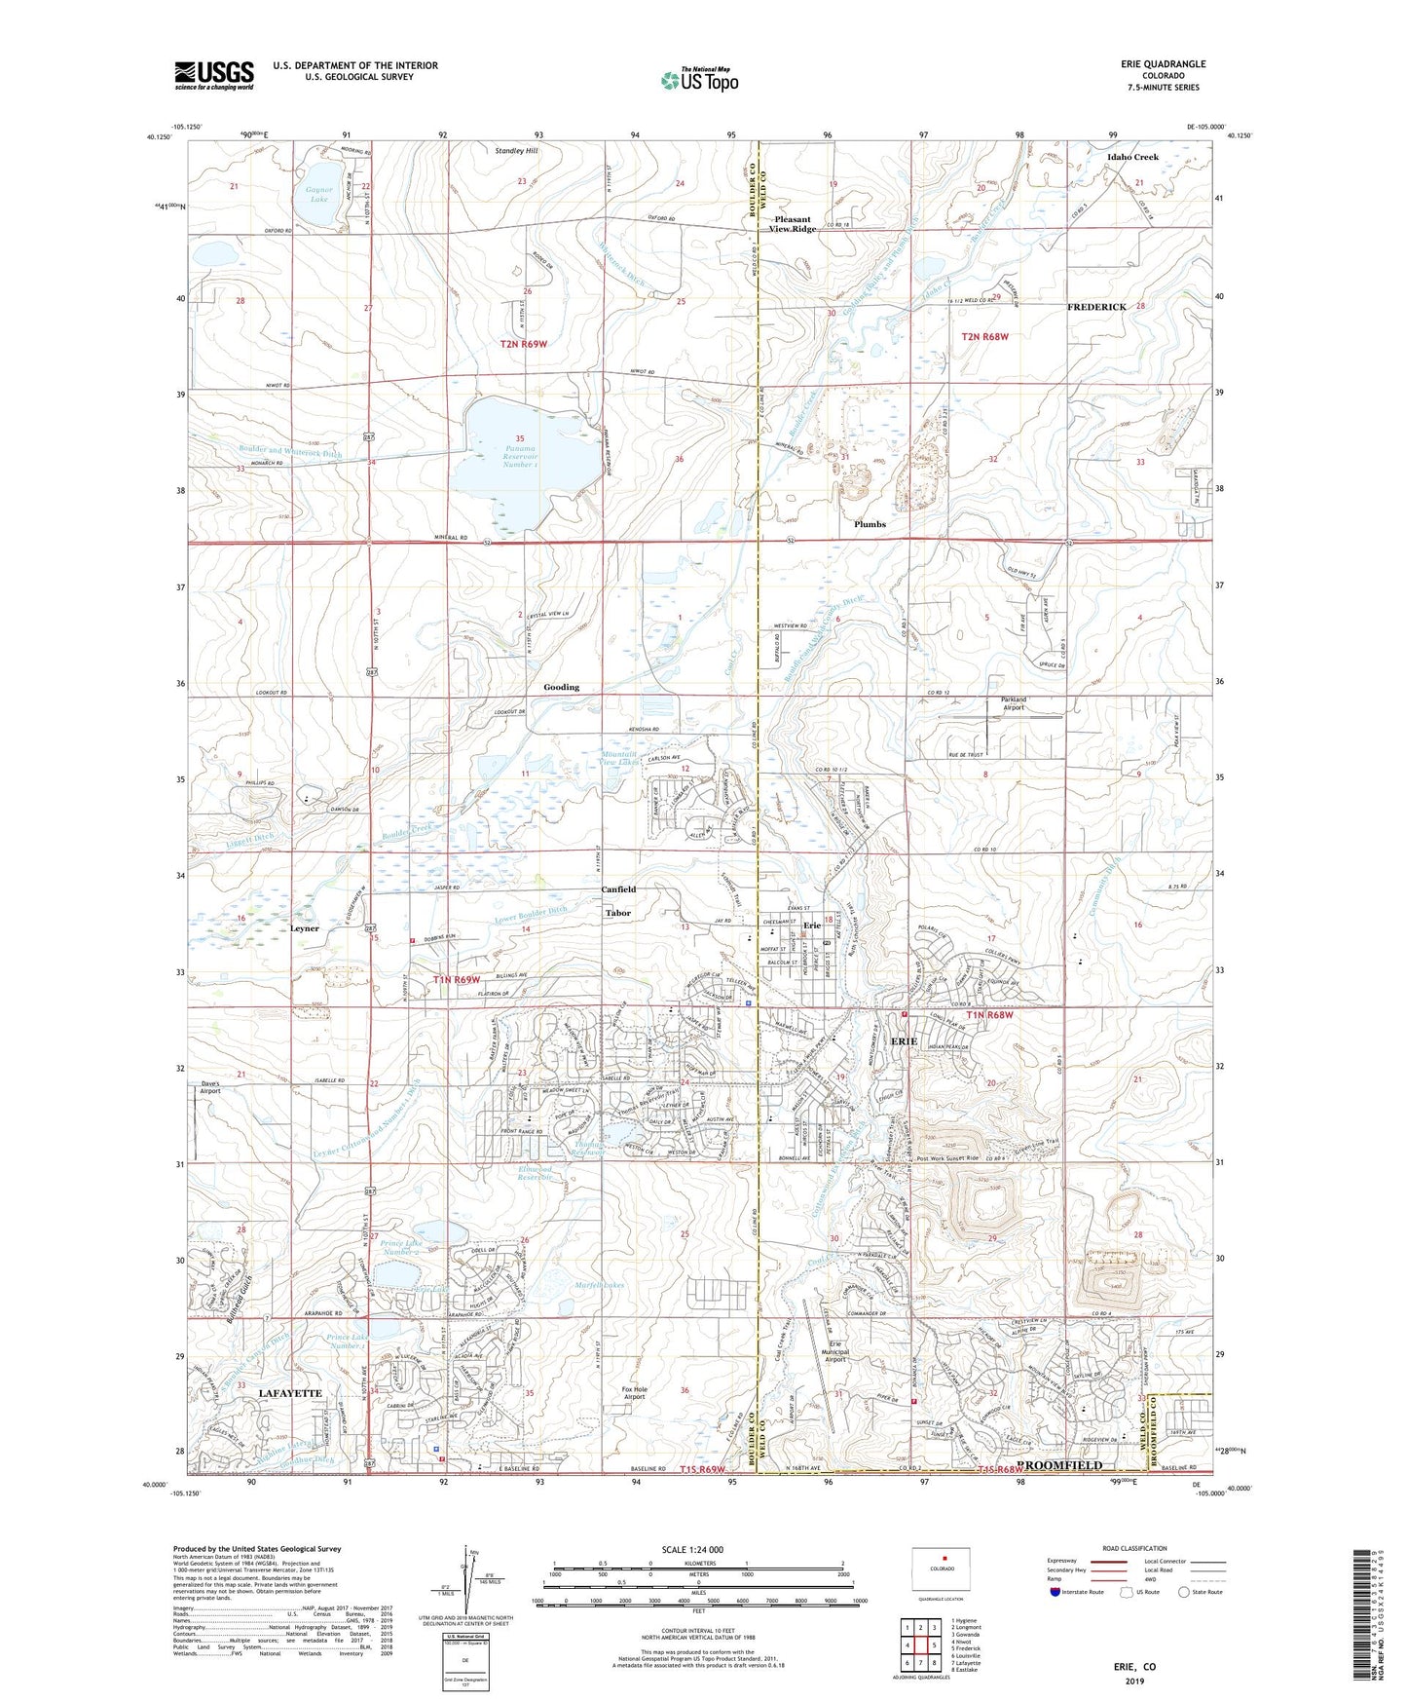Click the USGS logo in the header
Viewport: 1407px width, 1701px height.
[x=214, y=74]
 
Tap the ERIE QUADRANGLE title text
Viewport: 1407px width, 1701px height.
[x=1163, y=64]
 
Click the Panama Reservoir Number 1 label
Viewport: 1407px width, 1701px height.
[x=519, y=452]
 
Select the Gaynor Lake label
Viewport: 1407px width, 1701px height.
[x=318, y=195]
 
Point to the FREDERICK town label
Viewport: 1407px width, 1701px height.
[x=1096, y=307]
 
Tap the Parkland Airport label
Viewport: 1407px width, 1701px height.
[x=1014, y=703]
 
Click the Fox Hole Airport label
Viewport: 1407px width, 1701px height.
[x=634, y=1393]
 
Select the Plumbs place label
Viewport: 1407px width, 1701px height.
[x=870, y=524]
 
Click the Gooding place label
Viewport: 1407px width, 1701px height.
[x=561, y=687]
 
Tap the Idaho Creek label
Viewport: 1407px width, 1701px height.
[x=1132, y=157]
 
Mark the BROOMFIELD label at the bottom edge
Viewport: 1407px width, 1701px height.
[x=1059, y=1465]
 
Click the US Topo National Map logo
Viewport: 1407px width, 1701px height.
[x=699, y=80]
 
